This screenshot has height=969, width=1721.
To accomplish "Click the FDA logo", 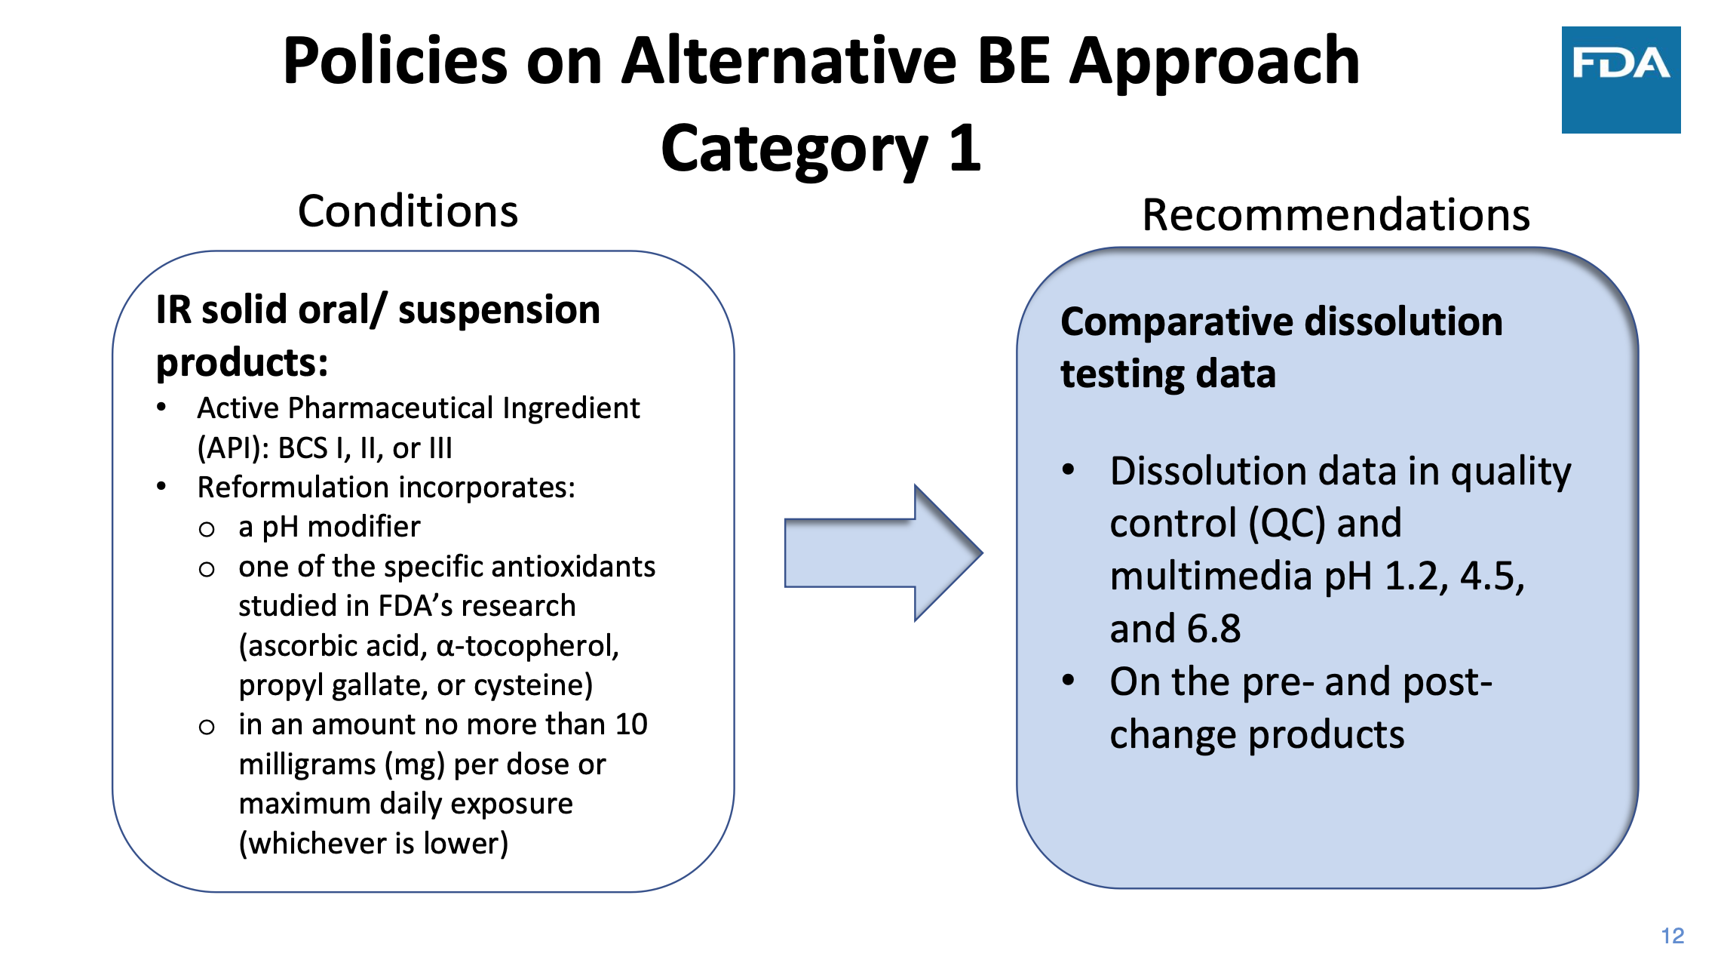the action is (x=1621, y=80).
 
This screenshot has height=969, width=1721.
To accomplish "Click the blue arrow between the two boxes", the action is (x=883, y=553).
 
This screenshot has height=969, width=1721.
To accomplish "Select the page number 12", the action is (x=1672, y=936).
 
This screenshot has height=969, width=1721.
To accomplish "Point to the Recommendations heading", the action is (x=1336, y=215).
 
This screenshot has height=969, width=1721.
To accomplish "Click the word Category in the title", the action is (x=794, y=149).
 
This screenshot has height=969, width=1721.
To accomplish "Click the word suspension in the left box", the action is (x=499, y=310).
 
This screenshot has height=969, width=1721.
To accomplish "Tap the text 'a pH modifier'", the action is (x=330, y=527).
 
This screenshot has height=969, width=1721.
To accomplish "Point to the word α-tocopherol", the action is (x=528, y=646).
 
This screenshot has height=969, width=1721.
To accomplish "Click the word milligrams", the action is (x=307, y=765).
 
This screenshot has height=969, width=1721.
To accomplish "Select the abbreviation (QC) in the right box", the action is (x=1287, y=524).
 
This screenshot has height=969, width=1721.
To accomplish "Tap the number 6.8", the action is (x=1213, y=629).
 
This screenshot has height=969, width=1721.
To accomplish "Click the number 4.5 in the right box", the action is (x=1492, y=577).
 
